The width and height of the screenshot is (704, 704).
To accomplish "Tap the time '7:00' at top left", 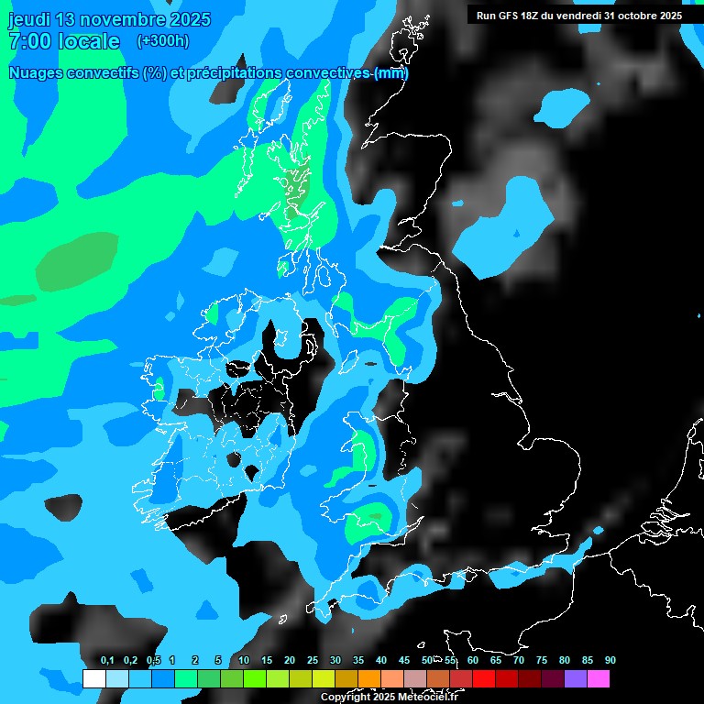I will click(x=29, y=41).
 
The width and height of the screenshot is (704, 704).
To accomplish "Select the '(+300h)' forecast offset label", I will click(x=163, y=41).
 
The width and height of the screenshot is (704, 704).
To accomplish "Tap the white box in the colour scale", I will click(x=93, y=678).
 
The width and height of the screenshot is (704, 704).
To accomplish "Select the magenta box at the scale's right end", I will click(x=599, y=678).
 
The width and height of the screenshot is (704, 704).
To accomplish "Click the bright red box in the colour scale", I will click(x=484, y=678).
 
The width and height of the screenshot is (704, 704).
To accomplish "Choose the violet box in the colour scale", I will click(x=576, y=678).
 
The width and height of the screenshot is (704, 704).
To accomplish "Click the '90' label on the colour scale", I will click(x=610, y=660).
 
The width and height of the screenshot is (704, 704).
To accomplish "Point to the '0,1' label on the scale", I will click(x=107, y=660).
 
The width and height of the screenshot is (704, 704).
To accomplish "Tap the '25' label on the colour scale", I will click(x=313, y=660).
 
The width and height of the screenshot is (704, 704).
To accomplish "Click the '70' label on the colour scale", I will click(x=519, y=660).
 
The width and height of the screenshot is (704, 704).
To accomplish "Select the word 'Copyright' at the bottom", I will click(x=345, y=698).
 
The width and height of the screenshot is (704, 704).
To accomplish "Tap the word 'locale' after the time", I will click(x=89, y=41).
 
